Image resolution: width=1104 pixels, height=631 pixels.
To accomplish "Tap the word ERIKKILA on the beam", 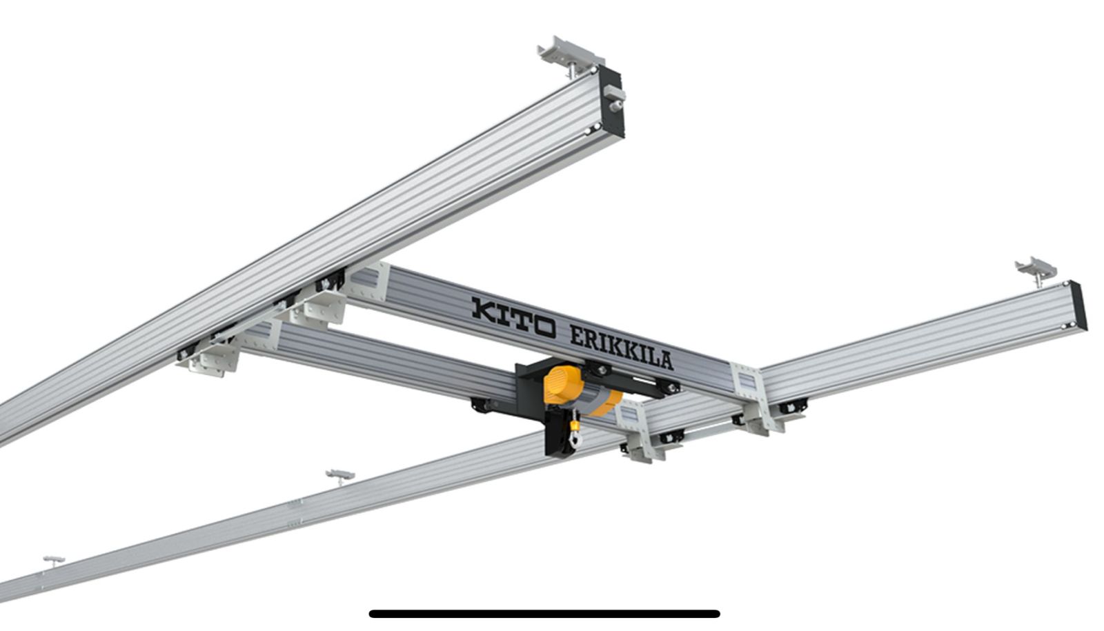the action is pyautogui.click(x=622, y=347).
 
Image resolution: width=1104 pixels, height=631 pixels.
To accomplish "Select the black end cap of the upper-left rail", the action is pyautogui.click(x=611, y=103).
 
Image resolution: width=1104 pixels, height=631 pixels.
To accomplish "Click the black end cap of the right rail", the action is pyautogui.click(x=1079, y=306).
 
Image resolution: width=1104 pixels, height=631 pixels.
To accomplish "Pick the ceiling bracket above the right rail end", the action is pyautogui.click(x=1036, y=270).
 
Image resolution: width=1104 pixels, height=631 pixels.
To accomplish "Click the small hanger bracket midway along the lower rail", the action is pyautogui.click(x=340, y=477).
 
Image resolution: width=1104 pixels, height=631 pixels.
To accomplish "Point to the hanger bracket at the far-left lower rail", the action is pyautogui.click(x=54, y=561).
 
